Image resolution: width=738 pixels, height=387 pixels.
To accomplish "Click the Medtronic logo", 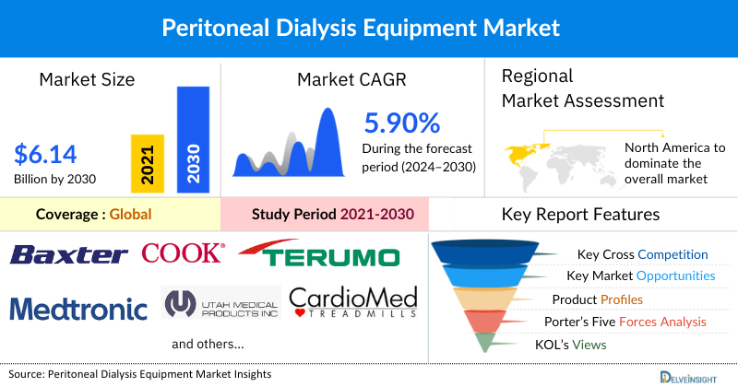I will point(79,307).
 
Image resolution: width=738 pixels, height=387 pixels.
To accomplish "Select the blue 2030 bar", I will point(193,141).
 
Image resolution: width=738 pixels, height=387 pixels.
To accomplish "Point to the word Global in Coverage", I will point(130,215).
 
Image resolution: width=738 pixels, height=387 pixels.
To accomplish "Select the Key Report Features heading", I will point(580,215).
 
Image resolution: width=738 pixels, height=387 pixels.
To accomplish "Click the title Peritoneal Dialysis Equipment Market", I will point(361,28).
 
